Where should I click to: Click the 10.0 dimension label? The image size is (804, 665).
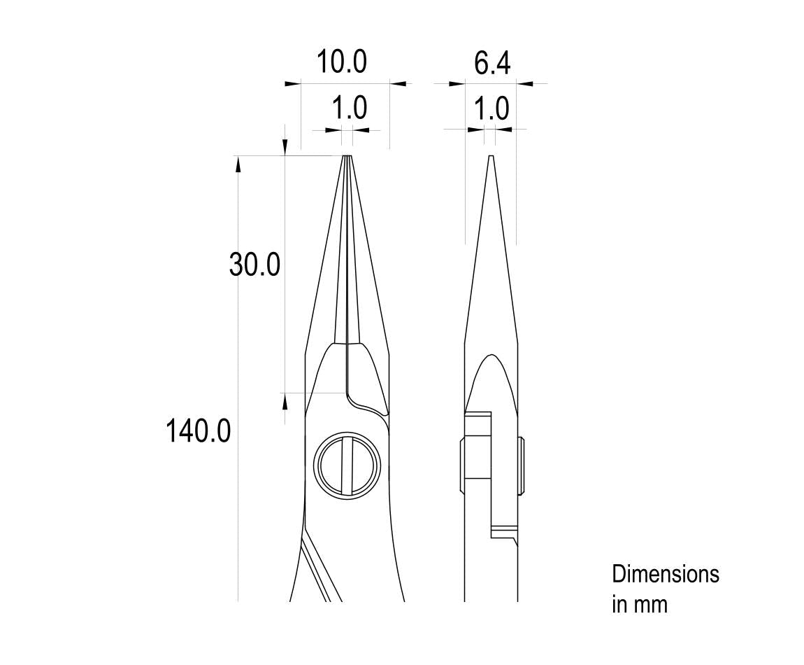click(341, 62)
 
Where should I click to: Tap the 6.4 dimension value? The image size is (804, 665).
click(491, 64)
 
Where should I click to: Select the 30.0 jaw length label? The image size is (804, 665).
click(254, 265)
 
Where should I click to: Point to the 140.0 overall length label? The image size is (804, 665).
click(198, 430)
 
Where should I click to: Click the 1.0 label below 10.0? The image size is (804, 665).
click(350, 108)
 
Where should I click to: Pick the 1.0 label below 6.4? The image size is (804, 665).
click(491, 109)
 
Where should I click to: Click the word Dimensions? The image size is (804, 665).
click(666, 574)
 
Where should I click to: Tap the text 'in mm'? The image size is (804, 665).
click(640, 604)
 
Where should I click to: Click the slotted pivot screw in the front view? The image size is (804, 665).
click(347, 466)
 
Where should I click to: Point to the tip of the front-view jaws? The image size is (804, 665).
click(347, 155)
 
